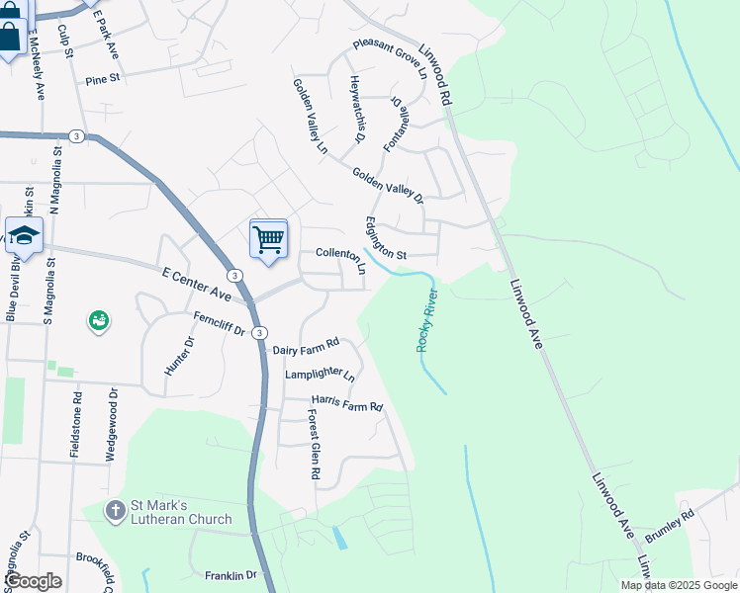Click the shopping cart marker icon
(269, 239)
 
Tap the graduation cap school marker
(24, 236)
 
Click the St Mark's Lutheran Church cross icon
(116, 510)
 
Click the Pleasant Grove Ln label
(390, 58)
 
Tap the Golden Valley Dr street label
(388, 185)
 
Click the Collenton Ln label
(340, 254)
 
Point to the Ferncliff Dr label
(219, 323)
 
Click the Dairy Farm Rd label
(306, 345)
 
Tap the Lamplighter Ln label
(319, 375)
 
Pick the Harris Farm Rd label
(346, 404)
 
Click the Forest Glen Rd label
(313, 445)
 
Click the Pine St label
(102, 78)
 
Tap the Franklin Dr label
(231, 575)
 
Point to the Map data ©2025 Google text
(679, 585)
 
